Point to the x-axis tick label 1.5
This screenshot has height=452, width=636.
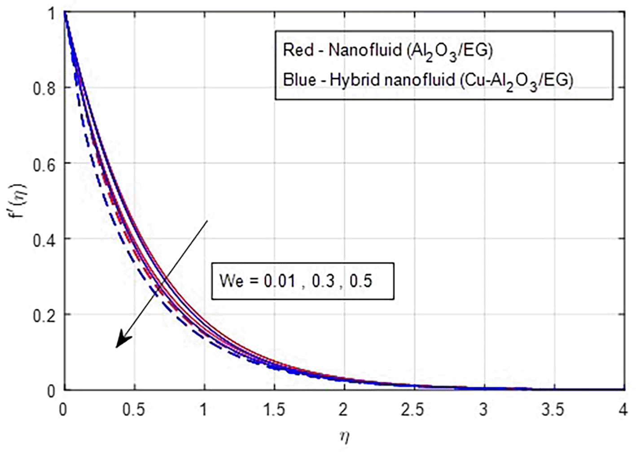pos(274,410)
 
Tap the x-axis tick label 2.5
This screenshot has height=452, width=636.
pos(413,410)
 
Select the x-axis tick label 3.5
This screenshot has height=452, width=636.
pos(553,410)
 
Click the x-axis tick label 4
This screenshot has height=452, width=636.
pos(623,410)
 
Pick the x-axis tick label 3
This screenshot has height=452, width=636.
pos(483,410)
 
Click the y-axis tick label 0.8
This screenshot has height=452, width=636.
pos(44,88)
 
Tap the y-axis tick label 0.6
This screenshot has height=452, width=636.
pos(44,164)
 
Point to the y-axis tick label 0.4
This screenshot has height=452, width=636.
pos(44,240)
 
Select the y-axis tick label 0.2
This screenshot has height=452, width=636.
pos(44,316)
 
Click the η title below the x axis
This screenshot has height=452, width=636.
pos(344,436)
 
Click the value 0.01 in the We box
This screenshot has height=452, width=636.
pos(279,281)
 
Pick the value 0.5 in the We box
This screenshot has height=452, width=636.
pos(361,281)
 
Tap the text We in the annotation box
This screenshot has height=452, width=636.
pos(230,281)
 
